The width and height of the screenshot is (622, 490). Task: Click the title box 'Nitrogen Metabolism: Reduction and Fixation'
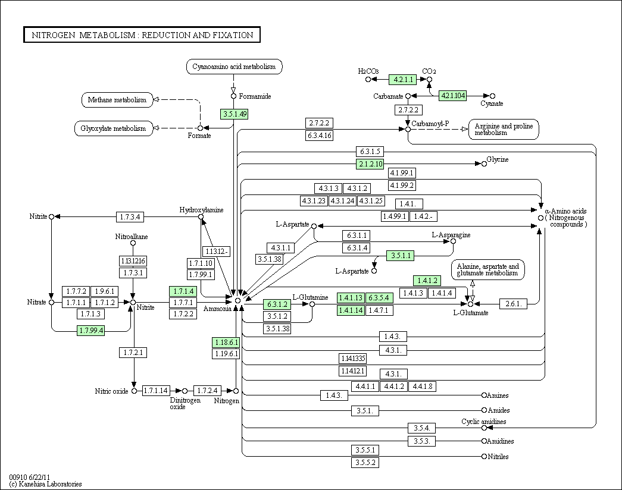tap(142, 34)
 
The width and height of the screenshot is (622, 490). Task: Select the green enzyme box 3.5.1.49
tap(235, 114)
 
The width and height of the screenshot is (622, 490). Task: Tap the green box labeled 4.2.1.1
tap(402, 79)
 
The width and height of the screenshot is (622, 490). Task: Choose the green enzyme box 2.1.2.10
tap(370, 164)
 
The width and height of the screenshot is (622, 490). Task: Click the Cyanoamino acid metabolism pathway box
tap(234, 67)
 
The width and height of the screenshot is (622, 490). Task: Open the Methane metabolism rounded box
tap(117, 100)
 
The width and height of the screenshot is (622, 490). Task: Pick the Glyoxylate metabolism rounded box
tap(114, 128)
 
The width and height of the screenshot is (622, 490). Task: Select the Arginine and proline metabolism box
tap(504, 129)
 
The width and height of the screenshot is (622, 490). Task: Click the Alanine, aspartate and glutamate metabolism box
tap(487, 269)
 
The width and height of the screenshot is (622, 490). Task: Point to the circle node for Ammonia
tap(237, 300)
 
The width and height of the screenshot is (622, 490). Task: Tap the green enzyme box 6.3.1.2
tap(277, 304)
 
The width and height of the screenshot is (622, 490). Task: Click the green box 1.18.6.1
tap(226, 342)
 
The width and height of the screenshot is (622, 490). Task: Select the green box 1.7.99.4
tap(91, 330)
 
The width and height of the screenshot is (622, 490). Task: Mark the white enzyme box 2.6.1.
tap(513, 304)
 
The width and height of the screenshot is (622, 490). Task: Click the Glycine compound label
tap(498, 159)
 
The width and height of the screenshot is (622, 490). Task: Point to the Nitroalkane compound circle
tap(133, 243)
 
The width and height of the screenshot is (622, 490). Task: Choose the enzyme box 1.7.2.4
tap(207, 391)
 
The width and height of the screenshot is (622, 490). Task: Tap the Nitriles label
tap(498, 457)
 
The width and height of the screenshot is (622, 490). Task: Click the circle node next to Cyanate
tap(492, 96)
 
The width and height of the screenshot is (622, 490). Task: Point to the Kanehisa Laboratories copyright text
tap(45, 484)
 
